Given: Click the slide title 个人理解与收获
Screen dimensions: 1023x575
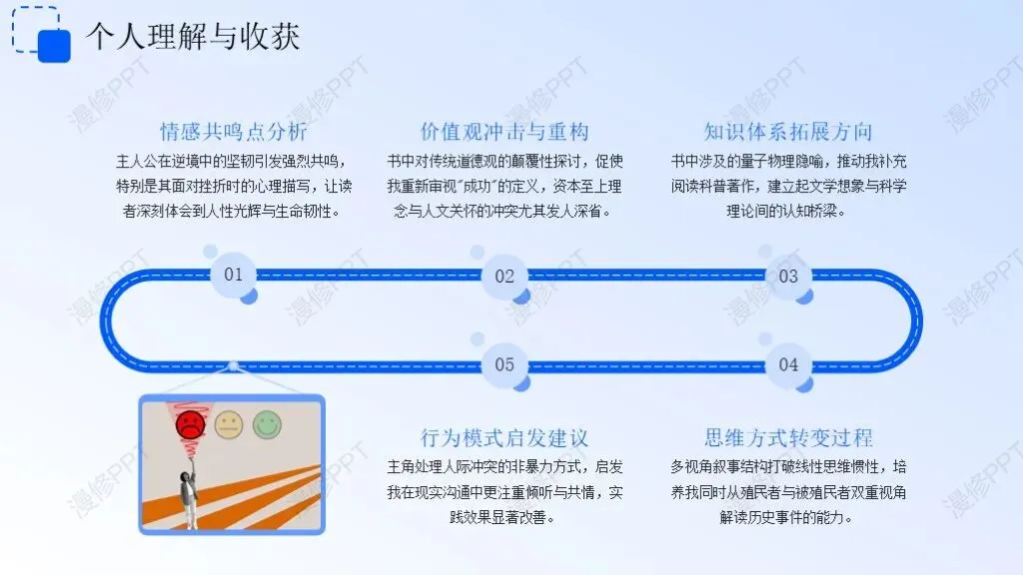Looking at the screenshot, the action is (192, 37).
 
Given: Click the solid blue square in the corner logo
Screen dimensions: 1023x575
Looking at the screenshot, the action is (53, 46).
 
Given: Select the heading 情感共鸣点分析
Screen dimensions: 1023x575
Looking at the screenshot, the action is (233, 132).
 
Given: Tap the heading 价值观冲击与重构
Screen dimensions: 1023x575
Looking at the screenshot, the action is (505, 132).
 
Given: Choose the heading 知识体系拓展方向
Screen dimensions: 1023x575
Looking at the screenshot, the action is (788, 132).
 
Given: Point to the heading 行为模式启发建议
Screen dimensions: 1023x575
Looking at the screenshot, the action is (505, 438).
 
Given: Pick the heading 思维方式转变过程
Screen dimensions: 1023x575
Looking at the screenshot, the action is (788, 438).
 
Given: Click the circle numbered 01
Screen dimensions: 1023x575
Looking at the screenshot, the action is (233, 275).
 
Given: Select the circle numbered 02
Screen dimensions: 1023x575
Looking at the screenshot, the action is (505, 277).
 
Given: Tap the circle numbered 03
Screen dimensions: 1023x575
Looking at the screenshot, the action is (788, 277).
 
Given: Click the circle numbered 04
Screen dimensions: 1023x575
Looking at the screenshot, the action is (788, 364).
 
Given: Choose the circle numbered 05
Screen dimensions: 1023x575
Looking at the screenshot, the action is (505, 364).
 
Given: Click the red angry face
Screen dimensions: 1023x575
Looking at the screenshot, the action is (189, 425).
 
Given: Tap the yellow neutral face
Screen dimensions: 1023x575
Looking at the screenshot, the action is (229, 425).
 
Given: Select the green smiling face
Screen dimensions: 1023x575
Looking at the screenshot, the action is (267, 425).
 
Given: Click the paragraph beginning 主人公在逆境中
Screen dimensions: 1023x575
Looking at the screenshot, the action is (233, 186).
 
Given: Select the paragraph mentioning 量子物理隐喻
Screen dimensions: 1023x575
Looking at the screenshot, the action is (788, 186).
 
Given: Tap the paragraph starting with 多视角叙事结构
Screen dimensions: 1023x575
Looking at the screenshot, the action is (788, 492).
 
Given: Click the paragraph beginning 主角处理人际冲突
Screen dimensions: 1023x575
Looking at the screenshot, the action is (505, 492).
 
